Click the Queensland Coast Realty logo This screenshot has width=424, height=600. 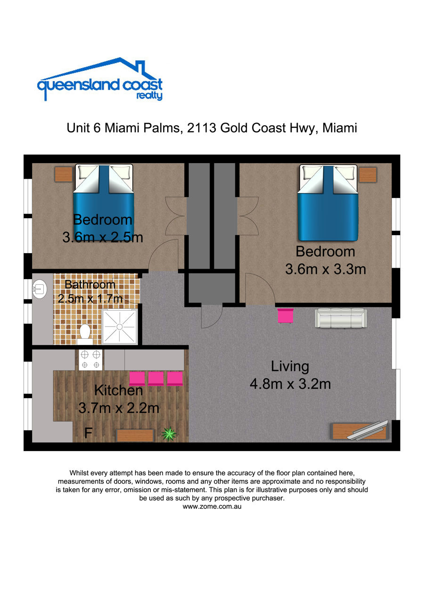point(100,79)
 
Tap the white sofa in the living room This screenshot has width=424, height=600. point(341,318)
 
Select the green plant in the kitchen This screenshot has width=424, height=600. point(169,434)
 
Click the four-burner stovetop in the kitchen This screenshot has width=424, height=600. point(90,360)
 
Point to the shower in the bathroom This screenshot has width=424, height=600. point(119,327)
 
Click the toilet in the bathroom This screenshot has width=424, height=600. point(85,335)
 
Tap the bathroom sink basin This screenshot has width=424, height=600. point(40,289)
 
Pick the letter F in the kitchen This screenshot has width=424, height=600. point(89,433)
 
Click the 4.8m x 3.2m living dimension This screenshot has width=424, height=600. point(290,384)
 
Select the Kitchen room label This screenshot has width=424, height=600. point(118,390)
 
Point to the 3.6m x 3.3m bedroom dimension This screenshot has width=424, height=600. point(326,269)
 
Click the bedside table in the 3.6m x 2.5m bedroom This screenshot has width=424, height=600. point(64,174)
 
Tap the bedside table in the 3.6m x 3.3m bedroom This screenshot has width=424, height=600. point(368,175)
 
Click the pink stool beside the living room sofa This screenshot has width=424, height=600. point(285,316)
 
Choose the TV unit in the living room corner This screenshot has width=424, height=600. point(359,431)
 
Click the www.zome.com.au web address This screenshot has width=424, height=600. point(212,507)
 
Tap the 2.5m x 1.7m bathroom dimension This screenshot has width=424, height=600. point(90,298)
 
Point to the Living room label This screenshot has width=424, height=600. point(290,366)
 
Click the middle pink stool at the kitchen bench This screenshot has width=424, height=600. point(156,378)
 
